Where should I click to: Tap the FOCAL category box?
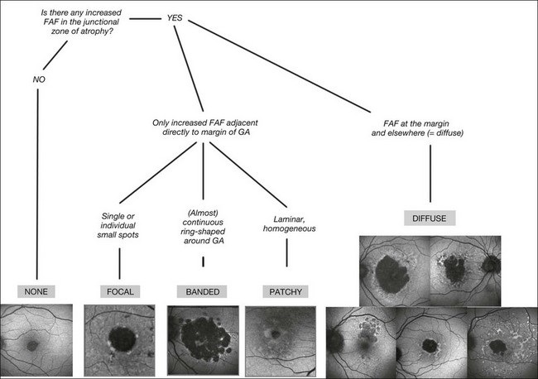pos(120,290)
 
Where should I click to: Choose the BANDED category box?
pos(202,290)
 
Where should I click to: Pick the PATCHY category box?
pos(286,290)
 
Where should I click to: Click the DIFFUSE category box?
pos(430,219)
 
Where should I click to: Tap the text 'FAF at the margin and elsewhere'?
pos(430,128)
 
